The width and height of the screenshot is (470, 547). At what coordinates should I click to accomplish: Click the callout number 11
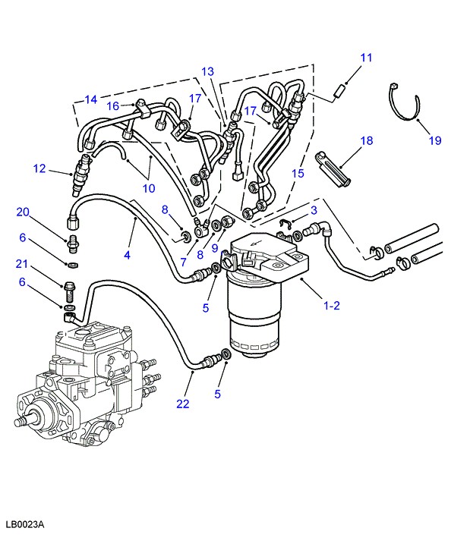(367, 58)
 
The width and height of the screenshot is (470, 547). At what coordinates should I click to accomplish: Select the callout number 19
(434, 140)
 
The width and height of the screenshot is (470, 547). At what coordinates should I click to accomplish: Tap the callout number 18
(367, 140)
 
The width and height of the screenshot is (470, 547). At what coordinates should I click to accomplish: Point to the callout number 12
(39, 168)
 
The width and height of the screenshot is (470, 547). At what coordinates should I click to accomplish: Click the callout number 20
(22, 212)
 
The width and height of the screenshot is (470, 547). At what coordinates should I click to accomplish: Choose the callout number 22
(182, 404)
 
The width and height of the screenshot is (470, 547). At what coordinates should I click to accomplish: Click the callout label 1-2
(332, 306)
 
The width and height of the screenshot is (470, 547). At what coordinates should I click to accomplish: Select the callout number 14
(91, 99)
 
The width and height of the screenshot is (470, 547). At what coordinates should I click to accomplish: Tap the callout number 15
(298, 174)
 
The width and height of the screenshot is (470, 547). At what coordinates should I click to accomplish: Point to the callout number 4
(127, 256)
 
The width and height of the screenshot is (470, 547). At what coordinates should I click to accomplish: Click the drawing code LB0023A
(25, 524)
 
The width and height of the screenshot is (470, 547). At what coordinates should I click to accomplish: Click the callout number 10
(148, 187)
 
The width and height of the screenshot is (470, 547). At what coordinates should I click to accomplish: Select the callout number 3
(313, 209)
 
